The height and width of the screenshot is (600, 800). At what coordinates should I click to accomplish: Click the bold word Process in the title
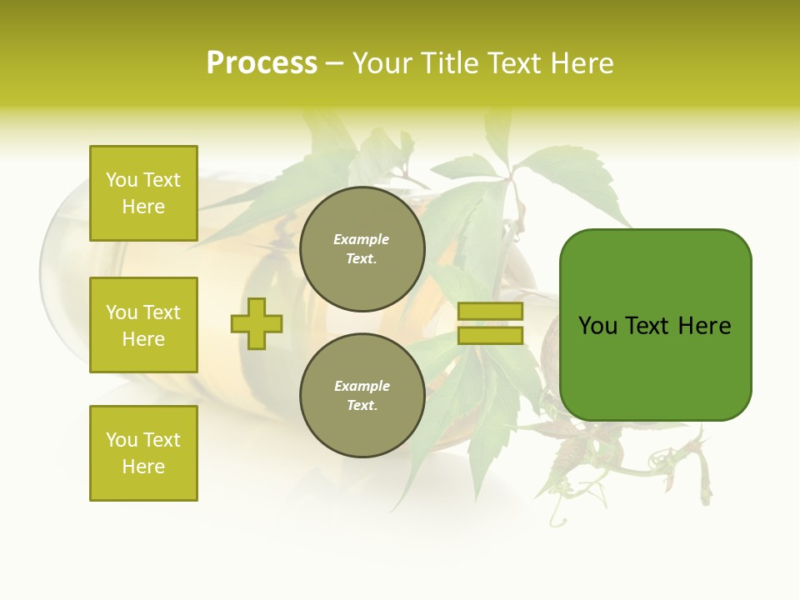pos(262,63)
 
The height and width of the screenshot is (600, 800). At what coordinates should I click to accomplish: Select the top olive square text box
pos(143,193)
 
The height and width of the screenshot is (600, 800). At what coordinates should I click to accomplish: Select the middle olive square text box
pos(143,325)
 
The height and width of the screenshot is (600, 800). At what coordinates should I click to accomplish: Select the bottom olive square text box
pos(143,453)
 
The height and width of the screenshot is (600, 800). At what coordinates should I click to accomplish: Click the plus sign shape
pos(257,323)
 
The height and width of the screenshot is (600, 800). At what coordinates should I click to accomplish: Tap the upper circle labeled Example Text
pos(362,249)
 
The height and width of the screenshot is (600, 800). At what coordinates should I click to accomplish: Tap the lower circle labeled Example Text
pos(362,395)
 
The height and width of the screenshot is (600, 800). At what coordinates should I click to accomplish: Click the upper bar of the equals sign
pos(490,312)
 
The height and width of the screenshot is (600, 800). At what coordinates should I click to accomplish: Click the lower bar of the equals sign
pos(490,335)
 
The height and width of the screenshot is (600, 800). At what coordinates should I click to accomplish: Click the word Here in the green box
pos(704,326)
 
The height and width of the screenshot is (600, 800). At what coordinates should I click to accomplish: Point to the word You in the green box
pos(597,326)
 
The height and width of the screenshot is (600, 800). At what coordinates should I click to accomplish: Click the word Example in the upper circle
pos(362,240)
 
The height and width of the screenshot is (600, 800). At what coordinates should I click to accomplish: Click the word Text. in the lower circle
pos(362,406)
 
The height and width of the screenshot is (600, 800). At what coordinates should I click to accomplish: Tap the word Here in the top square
pos(143,207)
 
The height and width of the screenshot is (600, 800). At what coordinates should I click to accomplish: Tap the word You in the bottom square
pos(122,440)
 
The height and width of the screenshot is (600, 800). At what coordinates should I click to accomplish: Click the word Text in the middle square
pos(162,312)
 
